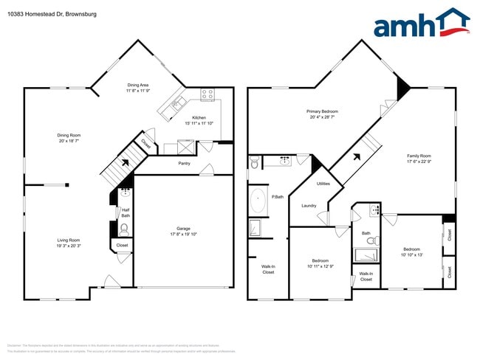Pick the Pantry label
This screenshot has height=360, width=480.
[184, 163]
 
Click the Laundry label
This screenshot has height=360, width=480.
[309, 206]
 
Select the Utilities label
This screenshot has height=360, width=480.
[323, 183]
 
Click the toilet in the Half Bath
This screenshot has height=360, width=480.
[124, 228]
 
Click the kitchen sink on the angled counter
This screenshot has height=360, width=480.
[176, 105]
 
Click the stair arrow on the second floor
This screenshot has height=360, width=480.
[357, 156]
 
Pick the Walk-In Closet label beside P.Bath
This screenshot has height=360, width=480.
[268, 269]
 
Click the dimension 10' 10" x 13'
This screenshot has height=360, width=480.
[412, 255]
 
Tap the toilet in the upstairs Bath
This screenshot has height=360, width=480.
[376, 240]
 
